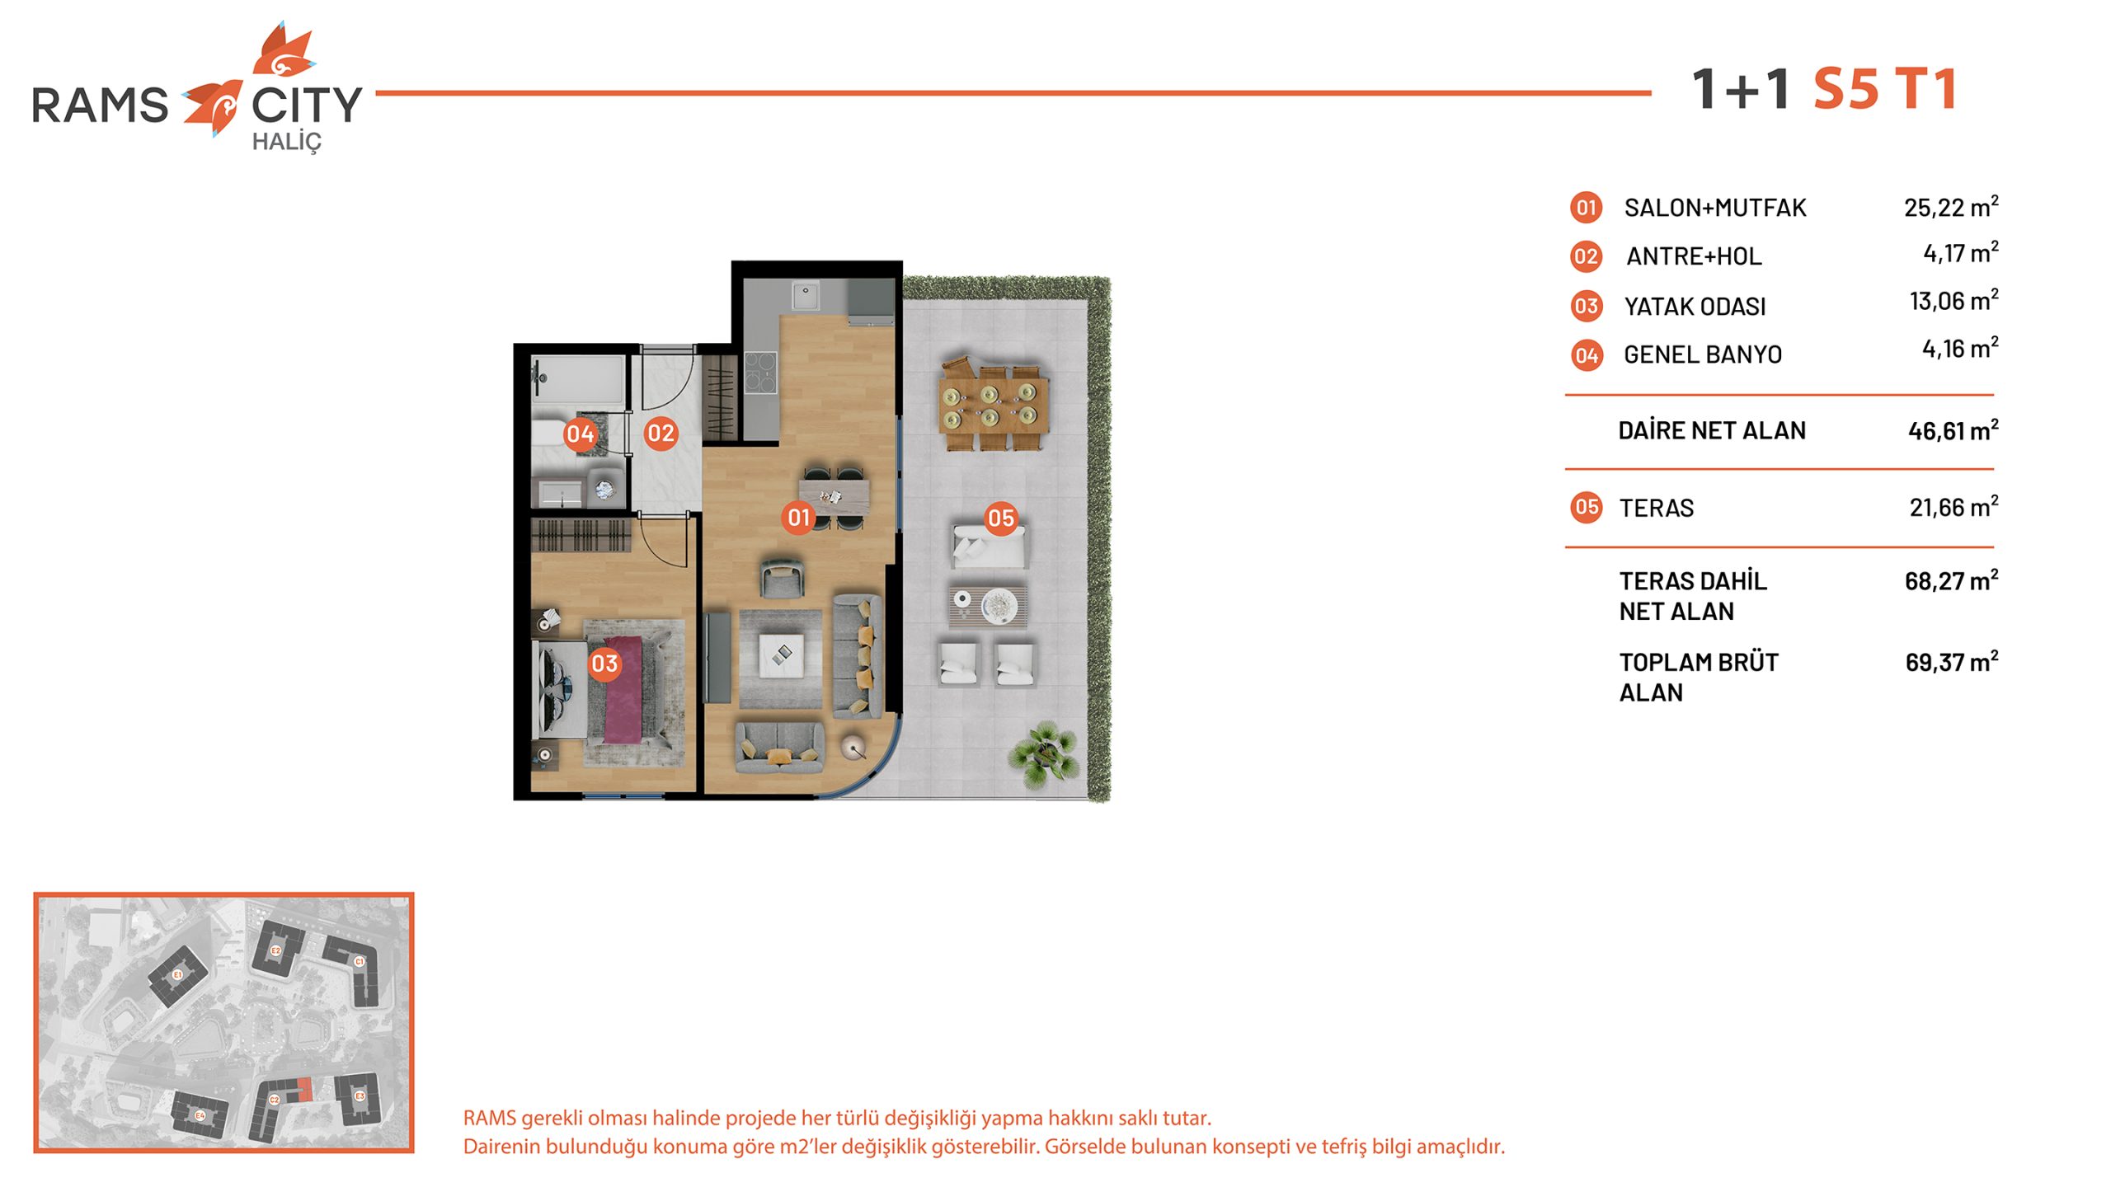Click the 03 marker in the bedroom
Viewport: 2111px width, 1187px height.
[x=604, y=664]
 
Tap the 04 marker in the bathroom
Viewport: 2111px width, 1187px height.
[x=580, y=434]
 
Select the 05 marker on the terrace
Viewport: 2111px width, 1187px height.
[x=1001, y=518]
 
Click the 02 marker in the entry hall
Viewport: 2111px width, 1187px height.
[x=661, y=433]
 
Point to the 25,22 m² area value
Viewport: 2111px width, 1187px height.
[x=1951, y=206]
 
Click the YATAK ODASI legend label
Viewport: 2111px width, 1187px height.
[x=1695, y=307]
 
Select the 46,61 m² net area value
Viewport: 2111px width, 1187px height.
[x=1953, y=429]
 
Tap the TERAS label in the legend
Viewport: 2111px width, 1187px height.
[x=1656, y=508]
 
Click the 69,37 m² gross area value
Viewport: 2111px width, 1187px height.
[x=1952, y=661]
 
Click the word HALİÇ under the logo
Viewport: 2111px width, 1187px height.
[x=286, y=143]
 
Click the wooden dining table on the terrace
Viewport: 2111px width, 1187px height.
[x=994, y=404]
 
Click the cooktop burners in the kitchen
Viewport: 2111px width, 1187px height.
[x=760, y=372]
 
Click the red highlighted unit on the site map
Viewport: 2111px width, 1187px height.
[x=305, y=1089]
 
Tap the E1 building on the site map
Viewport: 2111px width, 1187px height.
[x=177, y=975]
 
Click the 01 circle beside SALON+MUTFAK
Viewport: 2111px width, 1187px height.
[x=1586, y=207]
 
